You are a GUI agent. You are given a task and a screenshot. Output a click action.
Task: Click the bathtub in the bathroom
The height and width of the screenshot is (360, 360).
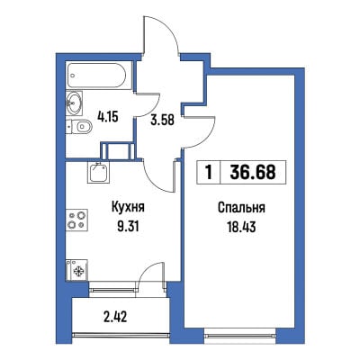coord(100,76)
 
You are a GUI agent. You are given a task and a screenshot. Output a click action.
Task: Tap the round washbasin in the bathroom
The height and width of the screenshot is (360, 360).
coord(74,103)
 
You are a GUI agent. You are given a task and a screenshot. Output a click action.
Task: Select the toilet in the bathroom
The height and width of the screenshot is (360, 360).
coord(79,127)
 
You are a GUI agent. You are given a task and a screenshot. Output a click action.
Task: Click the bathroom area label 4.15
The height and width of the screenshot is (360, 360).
coord(108,117)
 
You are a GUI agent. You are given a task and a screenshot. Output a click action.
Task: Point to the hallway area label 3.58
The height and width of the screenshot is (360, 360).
coord(163,120)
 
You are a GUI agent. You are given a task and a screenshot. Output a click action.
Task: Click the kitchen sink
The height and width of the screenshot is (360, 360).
coord(99,172)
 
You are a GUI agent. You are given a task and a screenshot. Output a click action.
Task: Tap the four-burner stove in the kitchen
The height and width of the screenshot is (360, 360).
coord(77,220)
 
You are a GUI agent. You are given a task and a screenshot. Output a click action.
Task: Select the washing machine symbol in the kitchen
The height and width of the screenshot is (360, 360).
coord(77,270)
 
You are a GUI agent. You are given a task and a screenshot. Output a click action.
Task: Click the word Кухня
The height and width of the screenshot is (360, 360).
coord(128,207)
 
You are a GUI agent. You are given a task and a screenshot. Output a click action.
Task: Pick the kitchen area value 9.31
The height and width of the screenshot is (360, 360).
coord(128,227)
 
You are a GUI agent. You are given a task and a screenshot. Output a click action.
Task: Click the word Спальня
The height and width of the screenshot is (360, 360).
coord(241,208)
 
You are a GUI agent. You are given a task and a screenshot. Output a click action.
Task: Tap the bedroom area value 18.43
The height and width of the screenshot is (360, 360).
coord(241,227)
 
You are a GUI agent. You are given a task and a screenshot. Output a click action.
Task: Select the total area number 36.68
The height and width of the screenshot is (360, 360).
coord(253,172)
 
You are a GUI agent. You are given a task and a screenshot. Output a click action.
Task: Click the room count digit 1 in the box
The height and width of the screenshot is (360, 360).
coord(209,172)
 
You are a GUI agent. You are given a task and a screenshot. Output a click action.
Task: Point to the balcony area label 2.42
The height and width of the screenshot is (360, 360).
coord(116,317)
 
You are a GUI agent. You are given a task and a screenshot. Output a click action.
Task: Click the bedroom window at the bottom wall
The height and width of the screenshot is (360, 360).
coord(240,332)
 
